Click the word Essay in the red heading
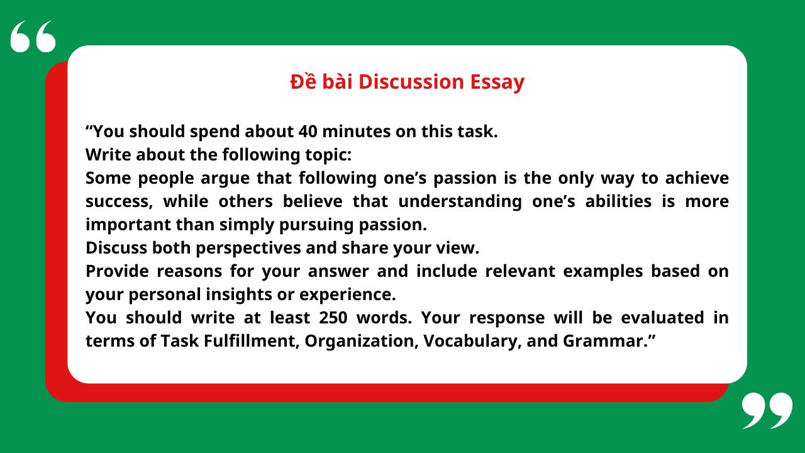[497, 82]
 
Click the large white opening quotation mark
[33, 36]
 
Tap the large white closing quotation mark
[767, 410]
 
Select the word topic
[328, 155]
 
